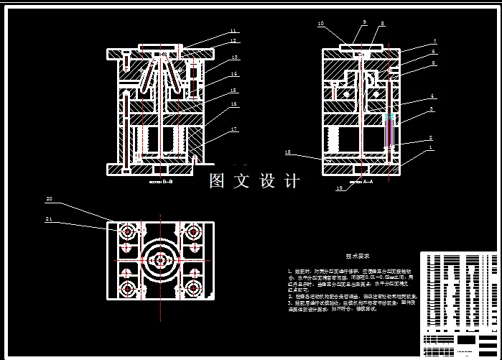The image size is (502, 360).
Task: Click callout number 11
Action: (x=233, y=31)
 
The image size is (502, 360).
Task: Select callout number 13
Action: (x=234, y=57)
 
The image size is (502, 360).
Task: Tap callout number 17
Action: (x=234, y=129)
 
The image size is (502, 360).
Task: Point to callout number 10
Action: (x=320, y=24)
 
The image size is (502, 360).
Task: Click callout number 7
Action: (x=433, y=42)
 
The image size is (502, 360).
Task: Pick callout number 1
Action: (x=430, y=148)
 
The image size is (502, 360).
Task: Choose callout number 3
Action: (x=431, y=110)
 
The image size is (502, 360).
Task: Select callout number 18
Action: (x=287, y=152)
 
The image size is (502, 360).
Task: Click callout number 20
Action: (x=50, y=198)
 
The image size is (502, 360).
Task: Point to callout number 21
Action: (x=50, y=218)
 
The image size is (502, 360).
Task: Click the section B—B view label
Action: (x=162, y=183)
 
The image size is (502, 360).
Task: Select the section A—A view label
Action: (x=361, y=183)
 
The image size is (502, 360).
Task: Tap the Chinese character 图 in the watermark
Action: (x=218, y=181)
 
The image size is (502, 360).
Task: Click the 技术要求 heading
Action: (x=359, y=255)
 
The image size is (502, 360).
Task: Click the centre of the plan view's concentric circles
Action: (x=161, y=261)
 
